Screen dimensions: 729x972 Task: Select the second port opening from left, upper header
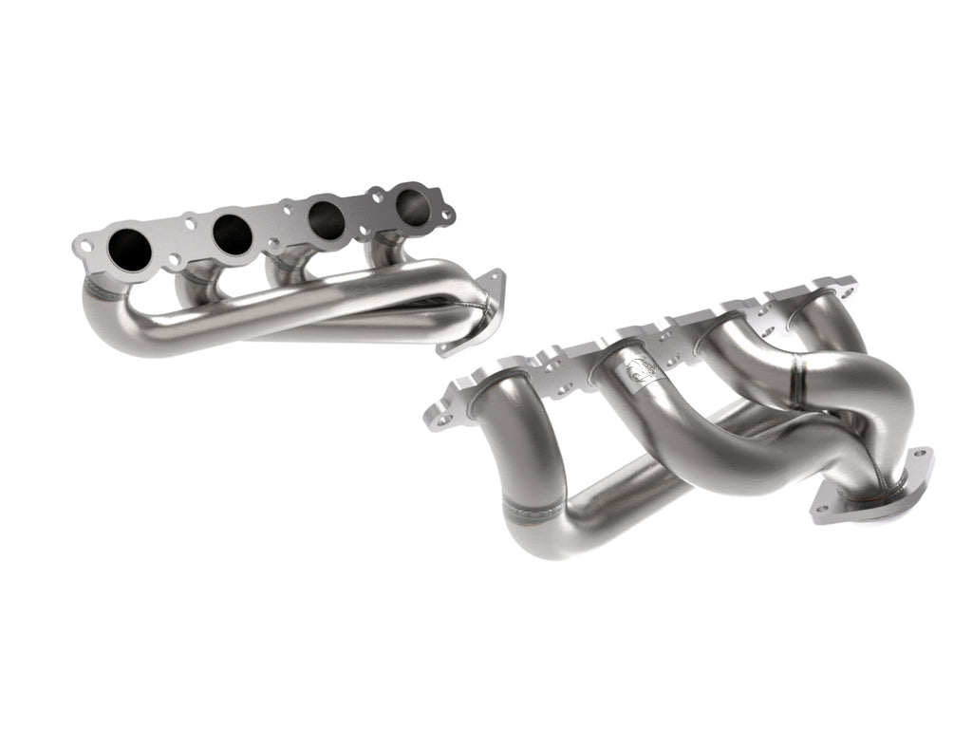click(x=233, y=233)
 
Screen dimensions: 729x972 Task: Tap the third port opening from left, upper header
click(x=326, y=219)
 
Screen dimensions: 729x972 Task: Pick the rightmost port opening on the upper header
click(x=413, y=206)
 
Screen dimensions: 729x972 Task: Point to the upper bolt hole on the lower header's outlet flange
click(x=917, y=460)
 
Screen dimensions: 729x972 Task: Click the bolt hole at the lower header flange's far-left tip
click(x=435, y=415)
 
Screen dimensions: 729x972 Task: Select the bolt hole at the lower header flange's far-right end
click(x=848, y=282)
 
